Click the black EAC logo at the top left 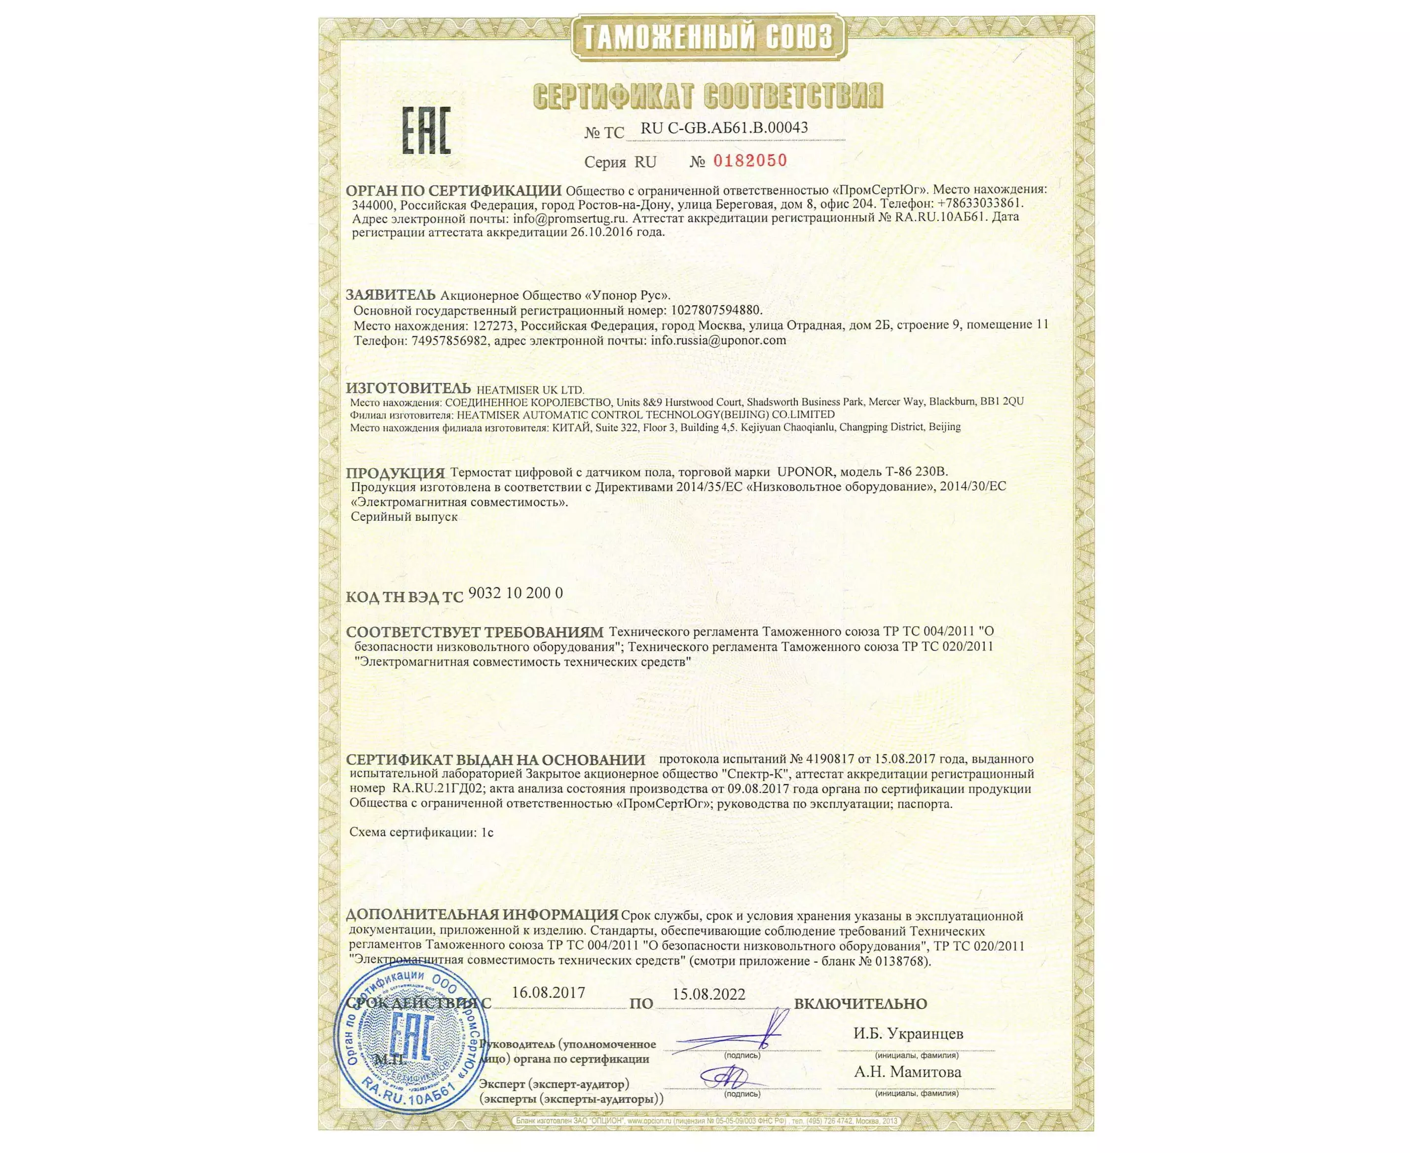[x=427, y=131]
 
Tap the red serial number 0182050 [x=749, y=160]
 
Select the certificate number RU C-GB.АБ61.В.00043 [x=724, y=128]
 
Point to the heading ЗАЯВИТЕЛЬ [x=391, y=295]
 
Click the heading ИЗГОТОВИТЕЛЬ [x=408, y=389]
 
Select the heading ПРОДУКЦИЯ [x=395, y=473]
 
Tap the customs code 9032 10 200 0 [x=516, y=593]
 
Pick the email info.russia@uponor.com [x=718, y=340]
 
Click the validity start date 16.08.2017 [x=548, y=993]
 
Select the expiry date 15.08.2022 [x=708, y=994]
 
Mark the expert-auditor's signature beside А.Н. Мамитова [x=724, y=1075]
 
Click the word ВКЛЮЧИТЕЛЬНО [x=860, y=1004]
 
